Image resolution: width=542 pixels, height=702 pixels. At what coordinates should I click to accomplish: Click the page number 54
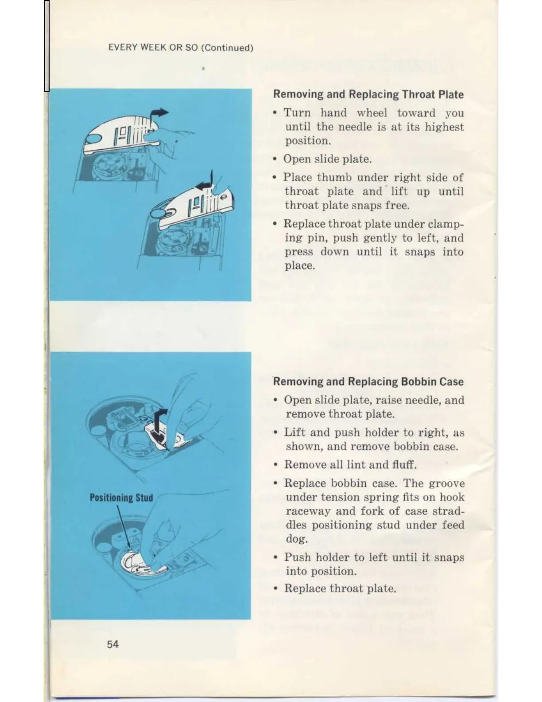pyautogui.click(x=112, y=644)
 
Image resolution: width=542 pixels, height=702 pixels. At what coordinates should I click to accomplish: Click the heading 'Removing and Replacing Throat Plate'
pyautogui.click(x=368, y=94)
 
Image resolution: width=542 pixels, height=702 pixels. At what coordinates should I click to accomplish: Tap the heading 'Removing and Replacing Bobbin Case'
pyautogui.click(x=368, y=382)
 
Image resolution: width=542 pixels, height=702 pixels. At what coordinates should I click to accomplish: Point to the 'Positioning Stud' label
pyautogui.click(x=121, y=497)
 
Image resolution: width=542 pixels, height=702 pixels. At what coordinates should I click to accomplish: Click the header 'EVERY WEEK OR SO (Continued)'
pyautogui.click(x=181, y=48)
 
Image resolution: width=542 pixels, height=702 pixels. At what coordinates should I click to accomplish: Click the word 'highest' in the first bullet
pyautogui.click(x=444, y=127)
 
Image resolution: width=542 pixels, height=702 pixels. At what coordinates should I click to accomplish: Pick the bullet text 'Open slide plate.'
pyautogui.click(x=327, y=159)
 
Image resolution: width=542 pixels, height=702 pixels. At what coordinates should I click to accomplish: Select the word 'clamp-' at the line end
pyautogui.click(x=446, y=224)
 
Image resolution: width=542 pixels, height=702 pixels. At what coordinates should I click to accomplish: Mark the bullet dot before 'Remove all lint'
pyautogui.click(x=275, y=465)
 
